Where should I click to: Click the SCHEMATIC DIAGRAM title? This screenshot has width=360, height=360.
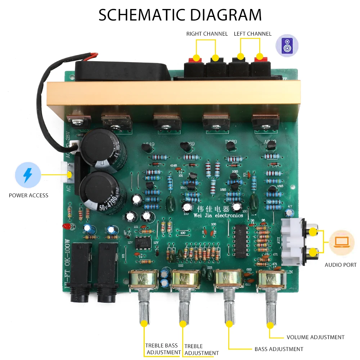coord(180,15)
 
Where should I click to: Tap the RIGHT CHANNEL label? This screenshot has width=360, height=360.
coord(207,34)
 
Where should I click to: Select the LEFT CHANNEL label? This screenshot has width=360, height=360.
coord(252,34)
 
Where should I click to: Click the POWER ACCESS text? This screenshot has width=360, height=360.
coord(28,195)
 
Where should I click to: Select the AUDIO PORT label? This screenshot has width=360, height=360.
coord(340,265)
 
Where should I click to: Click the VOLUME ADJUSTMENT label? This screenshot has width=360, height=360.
coord(315,337)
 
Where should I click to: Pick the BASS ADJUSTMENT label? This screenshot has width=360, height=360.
coord(279,349)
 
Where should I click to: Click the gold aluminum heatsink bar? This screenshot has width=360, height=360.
coord(173,94)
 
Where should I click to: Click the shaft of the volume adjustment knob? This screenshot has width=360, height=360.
coord(270,306)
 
